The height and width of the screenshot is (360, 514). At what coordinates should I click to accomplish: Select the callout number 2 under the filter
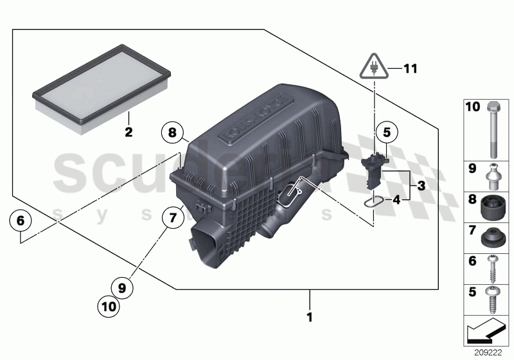tap(128, 133)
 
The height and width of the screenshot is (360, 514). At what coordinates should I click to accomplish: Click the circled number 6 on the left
tap(20, 221)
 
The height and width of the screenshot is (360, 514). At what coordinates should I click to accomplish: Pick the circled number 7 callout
tap(172, 218)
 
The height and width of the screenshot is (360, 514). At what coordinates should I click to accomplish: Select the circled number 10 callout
tap(109, 307)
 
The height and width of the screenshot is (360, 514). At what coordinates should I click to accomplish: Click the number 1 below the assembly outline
tap(309, 316)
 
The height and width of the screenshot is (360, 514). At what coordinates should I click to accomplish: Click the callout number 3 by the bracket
tap(421, 186)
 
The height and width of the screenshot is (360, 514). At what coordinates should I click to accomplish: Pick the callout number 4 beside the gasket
tap(396, 201)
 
